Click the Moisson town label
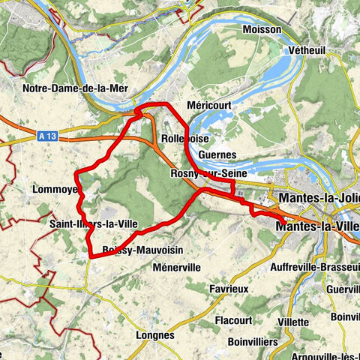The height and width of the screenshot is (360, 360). coord(262,29)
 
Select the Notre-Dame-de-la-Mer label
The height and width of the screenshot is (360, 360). coord(76,88)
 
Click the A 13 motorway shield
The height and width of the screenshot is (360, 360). coord(46,136)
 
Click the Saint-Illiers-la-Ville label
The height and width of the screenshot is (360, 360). coord(93,223)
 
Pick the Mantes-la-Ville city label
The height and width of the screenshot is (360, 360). coord(317,225)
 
